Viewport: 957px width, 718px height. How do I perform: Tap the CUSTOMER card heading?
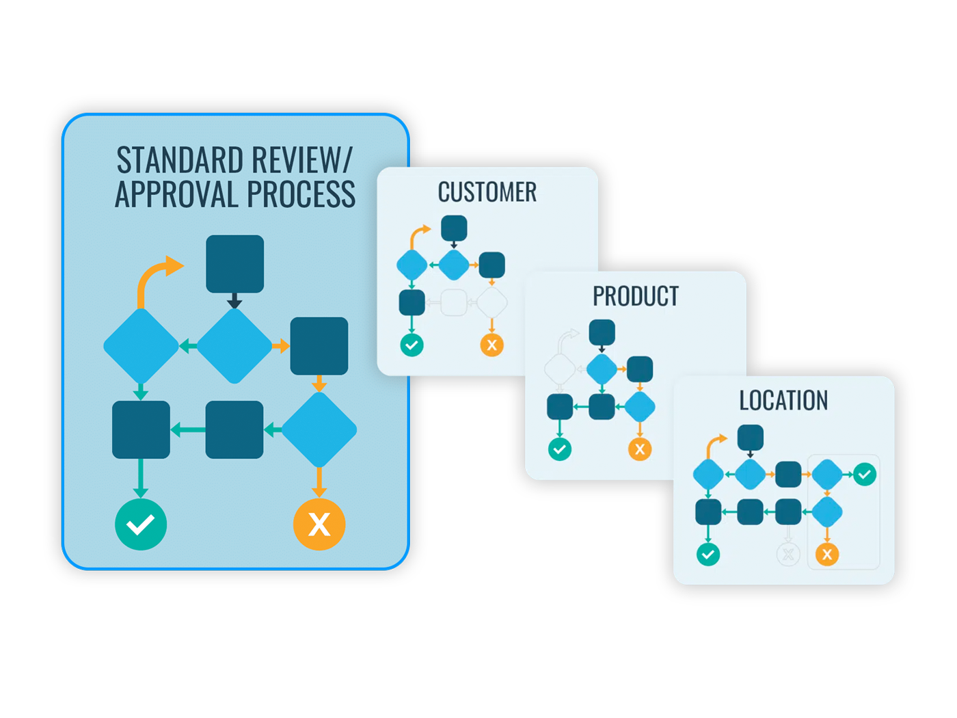pos(487,192)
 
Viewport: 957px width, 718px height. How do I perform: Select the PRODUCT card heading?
pos(635,296)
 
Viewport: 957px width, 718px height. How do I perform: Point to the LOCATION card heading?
pos(783,400)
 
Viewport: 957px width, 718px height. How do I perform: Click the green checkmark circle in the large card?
pos(141,524)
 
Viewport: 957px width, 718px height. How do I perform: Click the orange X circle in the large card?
pos(319,524)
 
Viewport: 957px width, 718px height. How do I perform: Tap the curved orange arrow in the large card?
pos(154,277)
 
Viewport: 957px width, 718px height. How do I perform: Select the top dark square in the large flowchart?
pos(234,264)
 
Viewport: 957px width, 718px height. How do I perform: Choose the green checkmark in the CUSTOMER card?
pos(412,345)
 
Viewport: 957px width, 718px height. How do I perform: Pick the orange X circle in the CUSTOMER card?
pos(491,345)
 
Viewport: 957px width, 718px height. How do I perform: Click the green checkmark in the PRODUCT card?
pos(560,449)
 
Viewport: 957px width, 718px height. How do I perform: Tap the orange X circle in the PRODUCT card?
pos(640,449)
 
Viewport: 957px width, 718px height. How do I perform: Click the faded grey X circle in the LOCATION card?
pos(788,554)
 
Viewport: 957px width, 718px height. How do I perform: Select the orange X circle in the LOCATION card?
pos(827,554)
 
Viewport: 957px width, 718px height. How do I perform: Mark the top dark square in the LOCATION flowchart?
pos(750,438)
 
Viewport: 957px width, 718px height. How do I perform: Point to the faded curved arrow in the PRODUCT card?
pos(565,340)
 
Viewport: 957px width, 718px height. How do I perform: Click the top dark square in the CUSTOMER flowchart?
pos(454,228)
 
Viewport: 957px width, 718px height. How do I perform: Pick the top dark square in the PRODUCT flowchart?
pos(602,333)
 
